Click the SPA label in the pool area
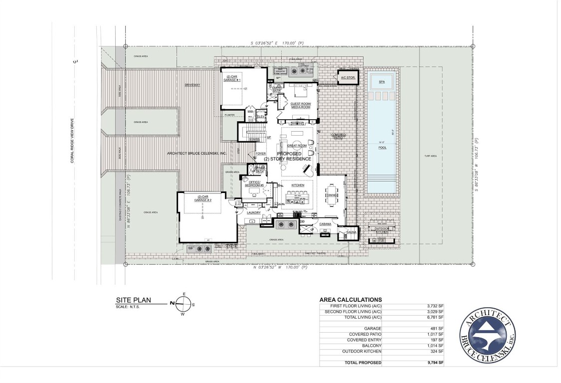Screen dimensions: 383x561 coord(382,81)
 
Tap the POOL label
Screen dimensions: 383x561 coord(382,148)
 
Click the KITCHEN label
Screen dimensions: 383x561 coord(298,185)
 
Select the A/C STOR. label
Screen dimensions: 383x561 coord(347,78)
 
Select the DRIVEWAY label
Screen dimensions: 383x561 coord(192,85)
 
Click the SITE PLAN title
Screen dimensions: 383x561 coord(133,300)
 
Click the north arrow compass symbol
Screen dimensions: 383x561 coord(184,303)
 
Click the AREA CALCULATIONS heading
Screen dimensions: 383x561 coord(350,300)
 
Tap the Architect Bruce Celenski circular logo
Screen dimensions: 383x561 coord(488,334)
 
